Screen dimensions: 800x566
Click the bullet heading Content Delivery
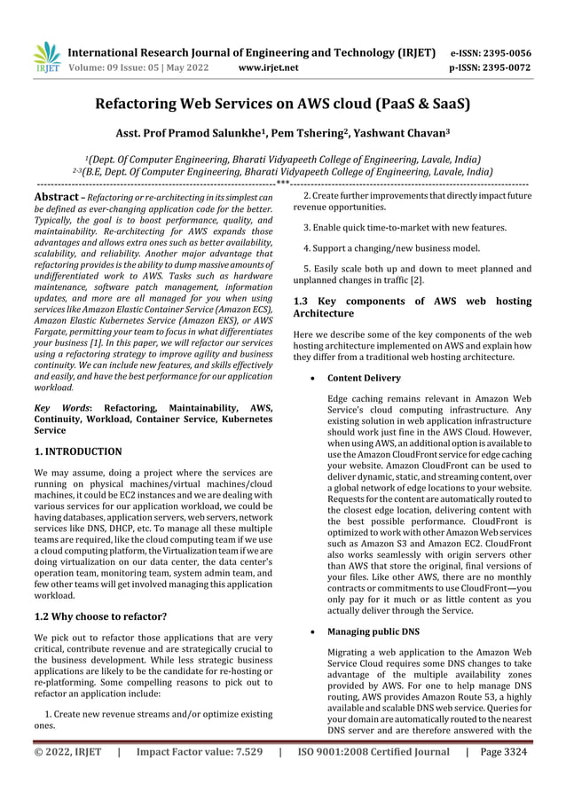point(364,378)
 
